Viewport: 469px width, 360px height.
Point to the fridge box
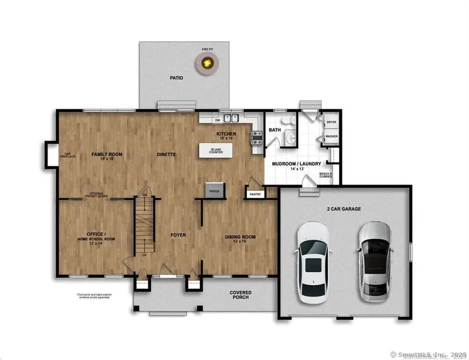pos(215,190)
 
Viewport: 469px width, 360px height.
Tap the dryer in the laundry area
pos(331,123)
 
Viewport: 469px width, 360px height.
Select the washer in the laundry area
pos(331,136)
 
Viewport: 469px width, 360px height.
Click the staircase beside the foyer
pos(145,225)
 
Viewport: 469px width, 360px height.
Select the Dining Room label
pos(240,238)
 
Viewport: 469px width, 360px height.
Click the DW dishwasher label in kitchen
pos(217,121)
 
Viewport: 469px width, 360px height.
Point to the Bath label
pos(275,130)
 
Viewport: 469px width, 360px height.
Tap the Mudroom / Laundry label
pos(296,164)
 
